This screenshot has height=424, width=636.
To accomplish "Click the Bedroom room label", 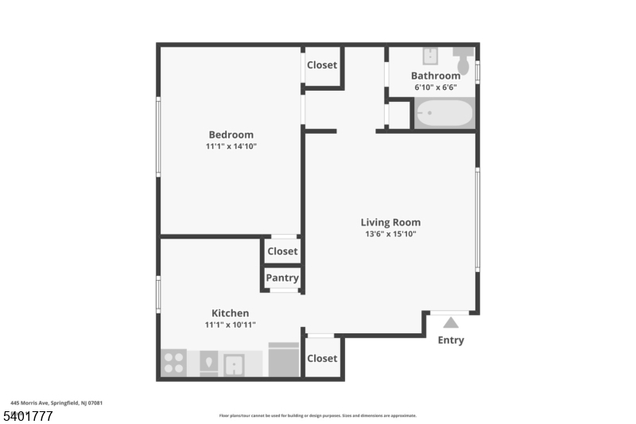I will tap(231, 134).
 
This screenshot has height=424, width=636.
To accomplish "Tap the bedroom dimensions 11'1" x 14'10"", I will tap(231, 146).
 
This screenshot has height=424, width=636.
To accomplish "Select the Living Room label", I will tap(390, 222).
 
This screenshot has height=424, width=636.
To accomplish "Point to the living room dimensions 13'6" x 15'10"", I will tap(390, 234).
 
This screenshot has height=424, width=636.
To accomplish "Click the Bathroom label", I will tap(435, 76).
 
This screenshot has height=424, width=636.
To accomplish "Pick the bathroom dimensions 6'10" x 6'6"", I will tap(435, 88).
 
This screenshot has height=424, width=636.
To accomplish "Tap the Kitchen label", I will tap(230, 313).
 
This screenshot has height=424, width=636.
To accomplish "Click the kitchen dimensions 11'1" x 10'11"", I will tap(230, 325).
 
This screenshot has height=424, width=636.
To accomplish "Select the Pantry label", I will tap(282, 278).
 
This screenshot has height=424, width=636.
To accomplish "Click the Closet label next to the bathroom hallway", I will tap(322, 65).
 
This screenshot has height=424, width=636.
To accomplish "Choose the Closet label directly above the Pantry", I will tap(282, 251).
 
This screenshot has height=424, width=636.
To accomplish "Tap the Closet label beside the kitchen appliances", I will tap(322, 358).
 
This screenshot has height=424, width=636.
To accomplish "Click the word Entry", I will tap(451, 340).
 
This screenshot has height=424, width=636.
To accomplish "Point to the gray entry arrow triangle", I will tap(451, 323).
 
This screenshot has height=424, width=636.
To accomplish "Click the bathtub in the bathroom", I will tap(444, 113).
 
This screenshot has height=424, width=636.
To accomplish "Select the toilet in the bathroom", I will tap(463, 60).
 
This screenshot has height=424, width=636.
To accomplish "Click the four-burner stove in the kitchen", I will tap(173, 363).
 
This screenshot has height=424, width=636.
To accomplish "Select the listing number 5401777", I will tap(28, 415).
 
